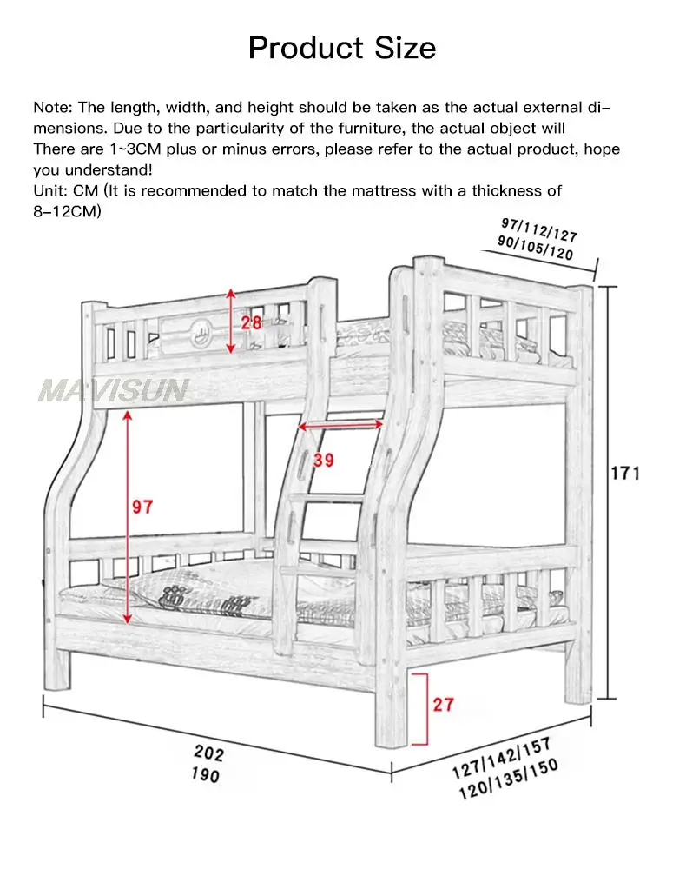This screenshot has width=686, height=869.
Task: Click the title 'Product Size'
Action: [341, 48]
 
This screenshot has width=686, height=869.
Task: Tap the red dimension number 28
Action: [251, 322]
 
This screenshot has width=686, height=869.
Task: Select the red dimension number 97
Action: [142, 507]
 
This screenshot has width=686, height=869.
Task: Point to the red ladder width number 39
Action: [324, 460]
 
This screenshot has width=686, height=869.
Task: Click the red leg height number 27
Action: [444, 705]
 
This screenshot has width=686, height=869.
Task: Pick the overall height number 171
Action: [625, 474]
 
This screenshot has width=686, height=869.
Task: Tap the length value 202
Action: [209, 753]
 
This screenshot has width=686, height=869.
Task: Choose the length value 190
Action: [206, 774]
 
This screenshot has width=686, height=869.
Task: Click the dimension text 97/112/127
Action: [539, 229]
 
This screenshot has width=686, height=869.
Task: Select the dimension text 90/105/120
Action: [535, 248]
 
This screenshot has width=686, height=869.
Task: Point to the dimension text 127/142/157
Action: [502, 758]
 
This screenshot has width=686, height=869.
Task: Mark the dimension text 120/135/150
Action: [508, 779]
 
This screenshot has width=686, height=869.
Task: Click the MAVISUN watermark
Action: [114, 390]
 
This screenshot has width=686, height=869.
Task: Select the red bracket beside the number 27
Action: [421, 709]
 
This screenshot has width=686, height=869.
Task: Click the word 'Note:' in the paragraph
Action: [53, 107]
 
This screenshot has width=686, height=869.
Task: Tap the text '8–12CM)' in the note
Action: [67, 211]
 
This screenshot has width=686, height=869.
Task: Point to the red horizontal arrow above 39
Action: [340, 425]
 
